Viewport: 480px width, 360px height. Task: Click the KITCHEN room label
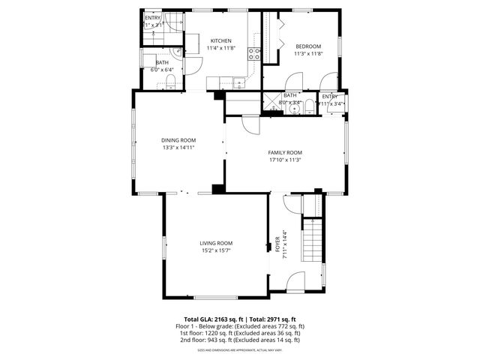pos(220,40)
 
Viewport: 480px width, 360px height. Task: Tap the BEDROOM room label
pos(307,46)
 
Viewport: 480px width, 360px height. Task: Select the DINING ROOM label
pos(178,140)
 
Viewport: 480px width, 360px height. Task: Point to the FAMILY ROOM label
pos(285,153)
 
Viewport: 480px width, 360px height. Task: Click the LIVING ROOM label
pos(216,243)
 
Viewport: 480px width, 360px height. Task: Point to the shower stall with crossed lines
pos(268,104)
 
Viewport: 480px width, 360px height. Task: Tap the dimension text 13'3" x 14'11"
pos(178,148)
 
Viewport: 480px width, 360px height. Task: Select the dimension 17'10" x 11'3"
pos(285,160)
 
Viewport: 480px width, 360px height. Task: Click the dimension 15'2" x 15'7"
pos(216,250)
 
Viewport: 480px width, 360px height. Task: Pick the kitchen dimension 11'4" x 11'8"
pos(220,48)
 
